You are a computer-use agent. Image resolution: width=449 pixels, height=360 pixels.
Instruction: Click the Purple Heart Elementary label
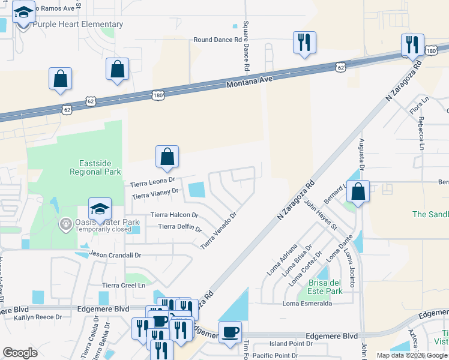pos(77,25)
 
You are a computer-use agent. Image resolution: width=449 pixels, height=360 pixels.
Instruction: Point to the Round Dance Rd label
pos(217,40)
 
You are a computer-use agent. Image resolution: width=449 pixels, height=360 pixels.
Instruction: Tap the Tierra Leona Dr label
pos(152,180)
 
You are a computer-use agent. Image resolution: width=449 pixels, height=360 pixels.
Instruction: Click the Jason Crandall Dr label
pos(115,254)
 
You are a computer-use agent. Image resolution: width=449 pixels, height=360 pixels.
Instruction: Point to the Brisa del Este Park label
pos(325,287)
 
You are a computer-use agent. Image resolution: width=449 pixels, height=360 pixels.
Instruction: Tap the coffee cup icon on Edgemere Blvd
pos(229,332)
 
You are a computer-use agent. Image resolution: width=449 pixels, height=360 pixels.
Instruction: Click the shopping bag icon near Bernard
pos(358,191)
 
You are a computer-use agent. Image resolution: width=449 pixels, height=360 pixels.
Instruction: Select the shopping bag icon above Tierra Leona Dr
pos(167,157)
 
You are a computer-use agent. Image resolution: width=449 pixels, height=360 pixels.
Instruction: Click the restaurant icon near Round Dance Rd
pos(304,42)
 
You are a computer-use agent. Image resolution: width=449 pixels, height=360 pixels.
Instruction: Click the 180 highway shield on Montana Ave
pos(158,95)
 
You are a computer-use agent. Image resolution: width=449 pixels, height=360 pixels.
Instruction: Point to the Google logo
pos(20,353)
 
